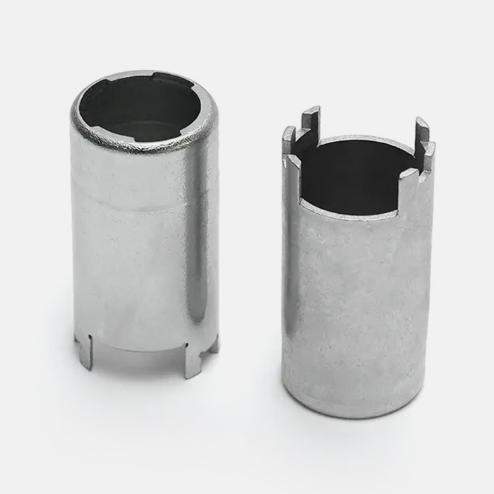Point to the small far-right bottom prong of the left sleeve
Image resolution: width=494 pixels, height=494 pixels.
tap(214, 344)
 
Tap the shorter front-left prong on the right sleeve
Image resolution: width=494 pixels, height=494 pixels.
tap(289, 141)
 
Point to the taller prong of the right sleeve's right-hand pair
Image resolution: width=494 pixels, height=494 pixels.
tap(421, 131)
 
